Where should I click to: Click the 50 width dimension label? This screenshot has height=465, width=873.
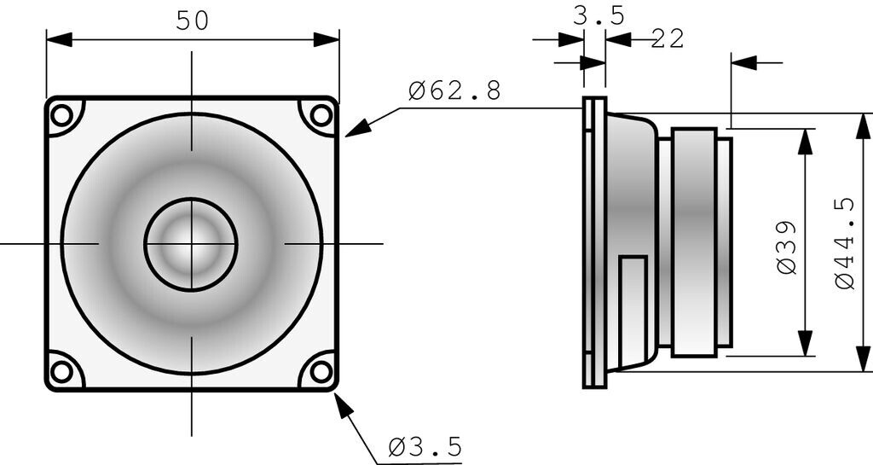coord(192,20)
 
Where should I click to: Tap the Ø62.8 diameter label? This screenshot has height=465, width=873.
coord(454,90)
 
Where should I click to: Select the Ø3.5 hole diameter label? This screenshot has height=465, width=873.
coord(425,446)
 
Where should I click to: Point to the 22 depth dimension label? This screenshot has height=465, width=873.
coord(668,38)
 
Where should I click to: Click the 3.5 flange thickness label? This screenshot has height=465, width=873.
coord(598,15)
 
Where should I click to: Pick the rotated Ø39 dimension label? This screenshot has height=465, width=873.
coord(787,247)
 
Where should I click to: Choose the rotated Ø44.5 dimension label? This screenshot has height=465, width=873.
coord(845,243)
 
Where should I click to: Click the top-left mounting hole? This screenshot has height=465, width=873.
coord(61,114)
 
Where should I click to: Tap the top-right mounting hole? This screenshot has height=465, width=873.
coord(321,114)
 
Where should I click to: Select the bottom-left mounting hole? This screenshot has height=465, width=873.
coord(61,371)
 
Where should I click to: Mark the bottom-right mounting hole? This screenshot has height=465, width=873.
coord(321,371)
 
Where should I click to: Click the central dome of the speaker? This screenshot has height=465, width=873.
coord(190,244)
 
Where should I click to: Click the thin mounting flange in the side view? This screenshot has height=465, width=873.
coord(594,243)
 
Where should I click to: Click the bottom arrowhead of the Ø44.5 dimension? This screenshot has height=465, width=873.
coord(860,358)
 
